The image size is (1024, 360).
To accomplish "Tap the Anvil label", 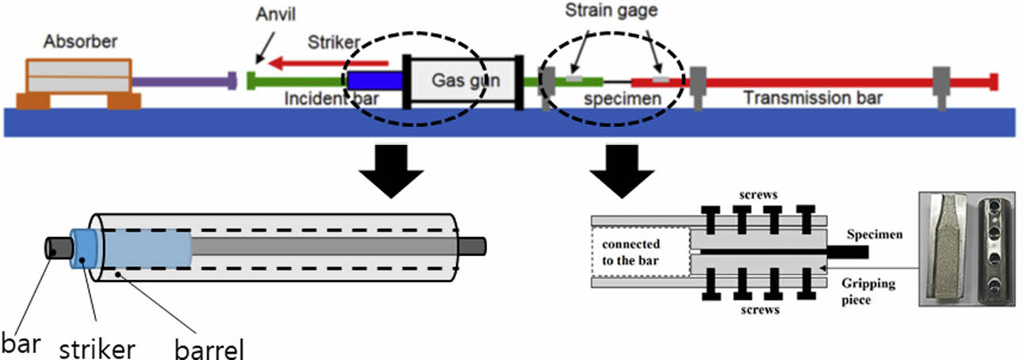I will (274, 15).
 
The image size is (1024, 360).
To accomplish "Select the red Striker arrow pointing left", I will (329, 63).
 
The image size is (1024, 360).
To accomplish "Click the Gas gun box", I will (465, 80).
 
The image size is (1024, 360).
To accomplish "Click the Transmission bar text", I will (812, 98).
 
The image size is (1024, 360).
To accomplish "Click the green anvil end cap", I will (251, 80).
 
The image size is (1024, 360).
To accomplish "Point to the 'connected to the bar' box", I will (637, 251).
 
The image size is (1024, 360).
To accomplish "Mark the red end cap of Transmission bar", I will (994, 80).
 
